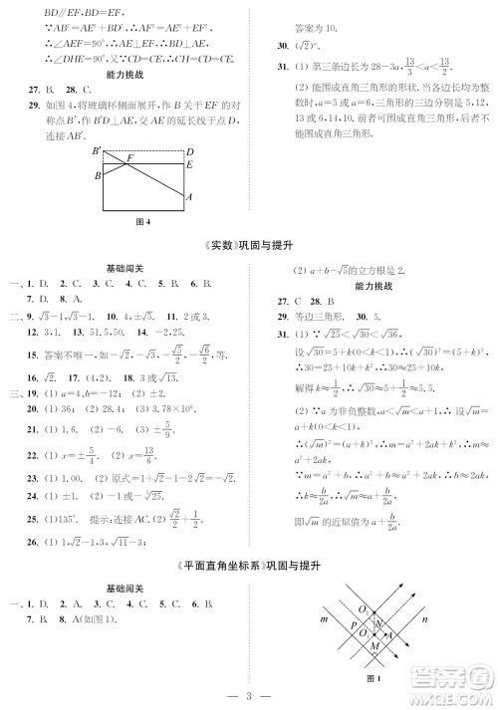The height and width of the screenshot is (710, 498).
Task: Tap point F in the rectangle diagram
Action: click(x=129, y=158)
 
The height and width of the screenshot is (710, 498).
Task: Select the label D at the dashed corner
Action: click(x=189, y=151)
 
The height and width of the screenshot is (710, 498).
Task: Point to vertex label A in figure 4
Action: click(x=189, y=197)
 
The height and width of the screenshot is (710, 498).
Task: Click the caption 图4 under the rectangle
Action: click(x=140, y=222)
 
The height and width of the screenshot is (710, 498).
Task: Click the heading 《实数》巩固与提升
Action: click(x=248, y=246)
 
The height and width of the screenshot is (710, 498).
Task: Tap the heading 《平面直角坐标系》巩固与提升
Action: click(x=248, y=564)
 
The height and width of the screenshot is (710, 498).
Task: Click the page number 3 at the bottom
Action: click(x=248, y=694)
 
